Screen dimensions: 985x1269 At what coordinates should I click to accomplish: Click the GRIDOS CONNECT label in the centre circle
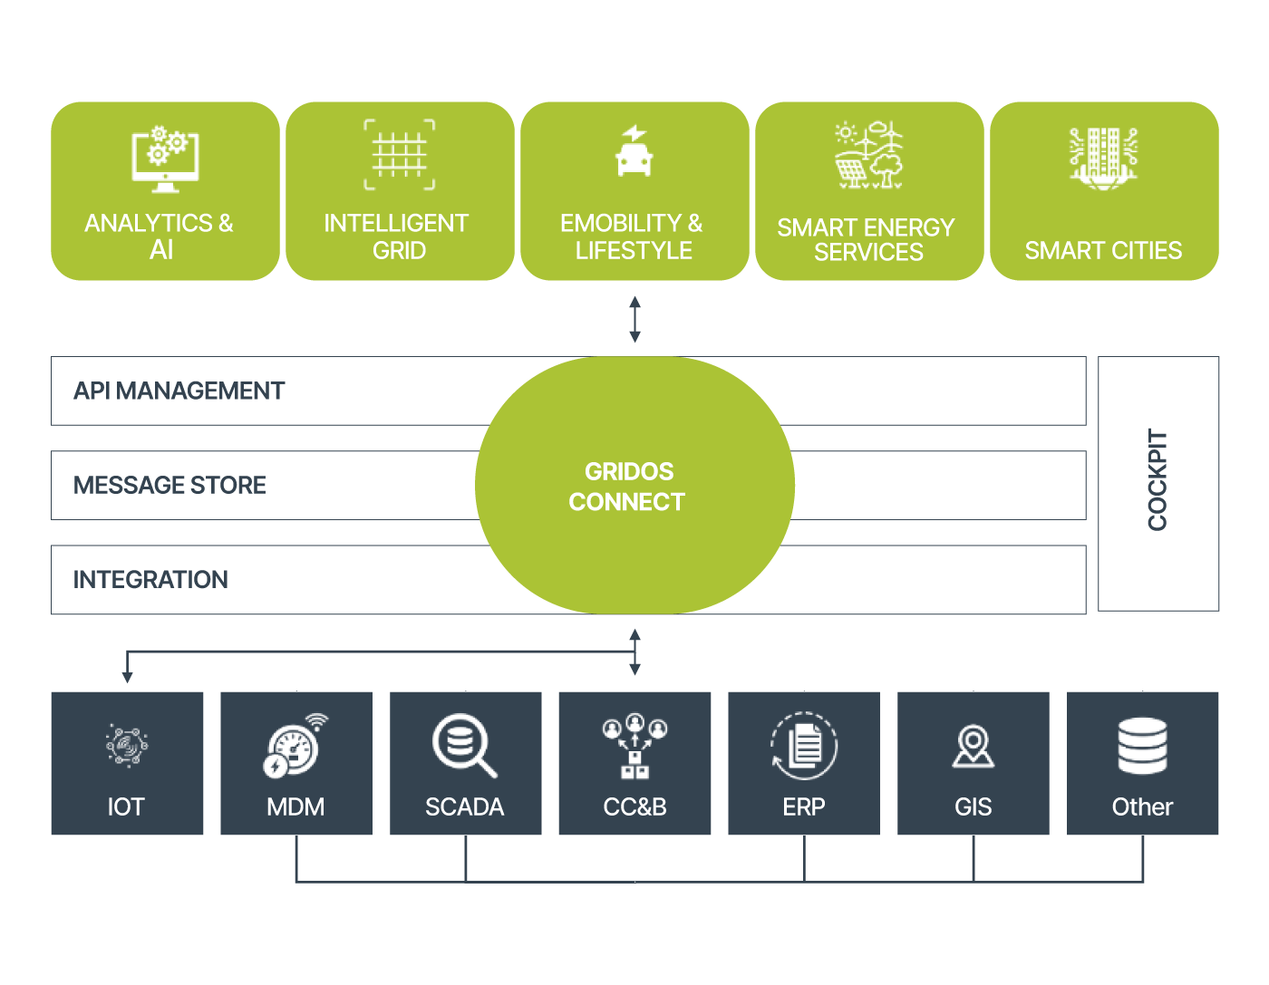coord(627,487)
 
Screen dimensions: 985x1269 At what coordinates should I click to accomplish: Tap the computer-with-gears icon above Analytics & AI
coord(165,159)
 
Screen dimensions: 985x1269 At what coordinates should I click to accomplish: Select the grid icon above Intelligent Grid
coord(400,155)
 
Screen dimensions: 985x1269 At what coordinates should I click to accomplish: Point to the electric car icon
coord(634,151)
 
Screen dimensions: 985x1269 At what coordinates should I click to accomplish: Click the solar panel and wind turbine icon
coord(869,156)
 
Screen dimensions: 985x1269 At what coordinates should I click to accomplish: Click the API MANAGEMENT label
coord(179,391)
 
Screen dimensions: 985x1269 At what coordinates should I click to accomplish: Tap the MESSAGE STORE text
coord(170,486)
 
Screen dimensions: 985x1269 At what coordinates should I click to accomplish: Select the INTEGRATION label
coord(151,580)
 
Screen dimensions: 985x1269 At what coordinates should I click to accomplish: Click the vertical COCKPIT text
coord(1158,479)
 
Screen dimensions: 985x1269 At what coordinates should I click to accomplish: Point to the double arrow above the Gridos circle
coord(634,319)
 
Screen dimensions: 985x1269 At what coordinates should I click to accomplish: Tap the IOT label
coord(126,806)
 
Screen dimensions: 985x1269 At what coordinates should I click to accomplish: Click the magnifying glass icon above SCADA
coord(464,746)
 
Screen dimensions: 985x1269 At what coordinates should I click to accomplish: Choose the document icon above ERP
coord(804,746)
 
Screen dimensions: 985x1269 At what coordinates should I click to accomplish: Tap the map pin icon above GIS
coord(974,746)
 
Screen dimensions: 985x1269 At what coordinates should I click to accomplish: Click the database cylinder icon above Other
coord(1142,746)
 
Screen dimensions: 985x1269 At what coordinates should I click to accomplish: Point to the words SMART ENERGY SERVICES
coord(867,239)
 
